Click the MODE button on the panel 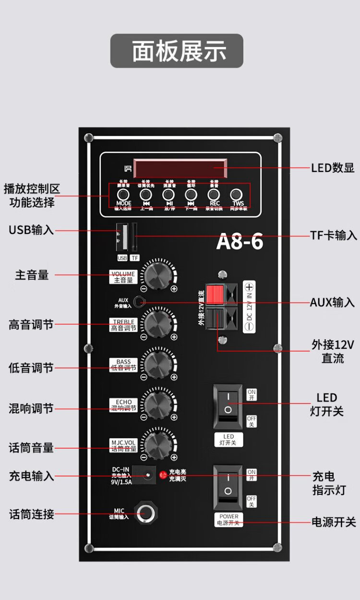point(123,195)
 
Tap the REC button point(214,195)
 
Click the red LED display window point(180,169)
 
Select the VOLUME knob point(157,275)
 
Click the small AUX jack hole point(140,302)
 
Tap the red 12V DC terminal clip point(216,294)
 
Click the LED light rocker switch point(228,405)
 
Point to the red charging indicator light point(162,476)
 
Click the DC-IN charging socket point(146,475)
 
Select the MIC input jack point(146,513)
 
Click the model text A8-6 point(240,241)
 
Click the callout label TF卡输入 point(333,235)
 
